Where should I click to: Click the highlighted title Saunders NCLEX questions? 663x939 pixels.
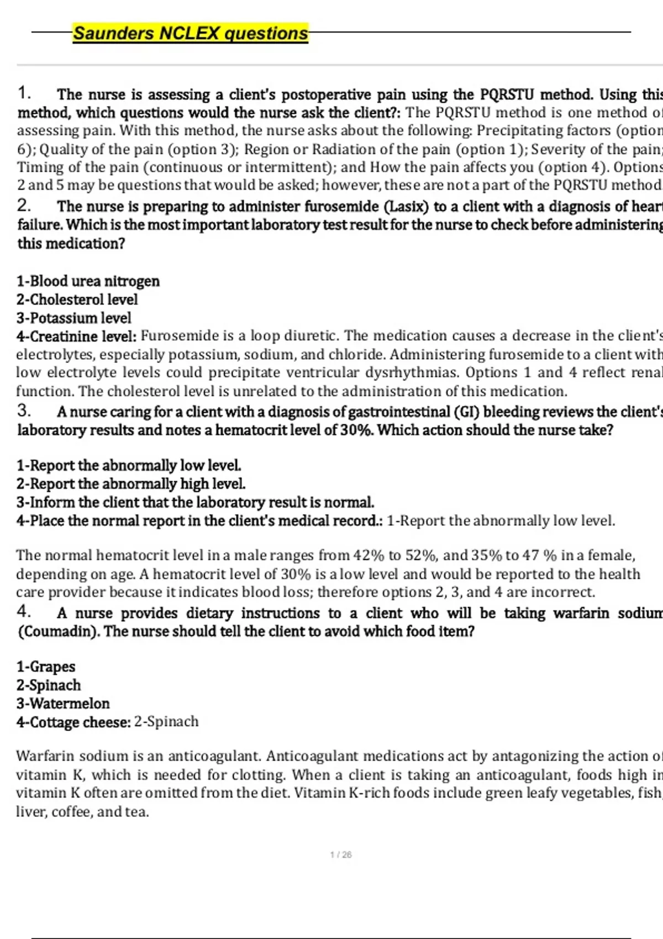click(x=191, y=33)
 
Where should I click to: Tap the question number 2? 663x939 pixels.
click(x=24, y=205)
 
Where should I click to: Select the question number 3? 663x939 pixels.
click(x=24, y=410)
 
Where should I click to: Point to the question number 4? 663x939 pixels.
click(x=24, y=611)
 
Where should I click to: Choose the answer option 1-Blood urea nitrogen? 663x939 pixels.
click(x=88, y=281)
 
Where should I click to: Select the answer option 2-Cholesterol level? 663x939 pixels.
click(x=77, y=299)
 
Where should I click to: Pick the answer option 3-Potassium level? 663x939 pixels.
click(x=73, y=318)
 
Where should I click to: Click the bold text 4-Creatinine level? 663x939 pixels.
click(x=76, y=336)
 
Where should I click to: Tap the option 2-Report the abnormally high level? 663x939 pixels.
click(x=131, y=484)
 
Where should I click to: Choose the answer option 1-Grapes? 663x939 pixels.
click(x=45, y=667)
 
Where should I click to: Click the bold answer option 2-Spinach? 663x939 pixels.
click(x=48, y=685)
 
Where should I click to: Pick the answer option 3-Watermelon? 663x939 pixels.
click(x=62, y=703)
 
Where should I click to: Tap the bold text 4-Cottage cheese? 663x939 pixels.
click(x=73, y=722)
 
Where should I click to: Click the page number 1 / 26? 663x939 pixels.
click(x=340, y=854)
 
